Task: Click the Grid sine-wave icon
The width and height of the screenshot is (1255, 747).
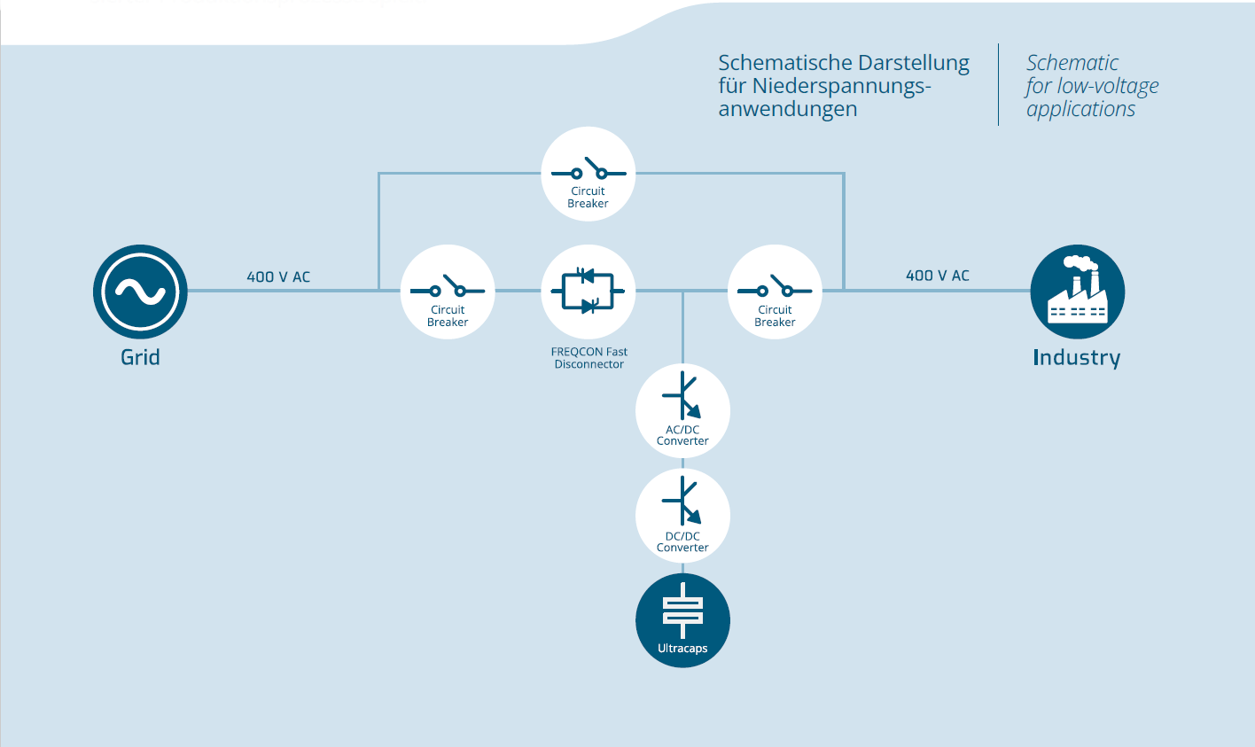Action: click(x=140, y=292)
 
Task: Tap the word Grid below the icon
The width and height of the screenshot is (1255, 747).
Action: click(x=140, y=357)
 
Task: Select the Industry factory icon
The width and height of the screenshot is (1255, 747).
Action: click(x=1077, y=292)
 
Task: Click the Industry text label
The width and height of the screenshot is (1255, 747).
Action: click(x=1076, y=358)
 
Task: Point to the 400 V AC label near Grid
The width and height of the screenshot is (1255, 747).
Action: click(x=278, y=276)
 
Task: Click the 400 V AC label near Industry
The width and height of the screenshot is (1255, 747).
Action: click(x=937, y=276)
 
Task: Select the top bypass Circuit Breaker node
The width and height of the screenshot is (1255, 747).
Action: click(x=588, y=174)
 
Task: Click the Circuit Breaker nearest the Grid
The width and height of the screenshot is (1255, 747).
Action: click(x=448, y=292)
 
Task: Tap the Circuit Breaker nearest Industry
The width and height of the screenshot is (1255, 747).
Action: click(x=775, y=292)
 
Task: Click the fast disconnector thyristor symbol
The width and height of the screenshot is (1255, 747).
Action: click(x=588, y=291)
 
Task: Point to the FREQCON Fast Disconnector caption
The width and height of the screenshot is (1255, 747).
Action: click(x=589, y=358)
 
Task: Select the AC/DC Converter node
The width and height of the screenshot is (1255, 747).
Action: click(x=682, y=410)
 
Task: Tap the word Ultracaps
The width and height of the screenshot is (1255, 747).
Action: click(x=682, y=649)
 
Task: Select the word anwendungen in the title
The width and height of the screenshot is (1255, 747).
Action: click(x=787, y=109)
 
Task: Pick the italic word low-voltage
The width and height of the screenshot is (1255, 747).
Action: click(x=1108, y=87)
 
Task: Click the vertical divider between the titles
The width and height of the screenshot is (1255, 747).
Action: click(x=998, y=84)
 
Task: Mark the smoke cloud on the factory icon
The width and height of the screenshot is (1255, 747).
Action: click(x=1080, y=262)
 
